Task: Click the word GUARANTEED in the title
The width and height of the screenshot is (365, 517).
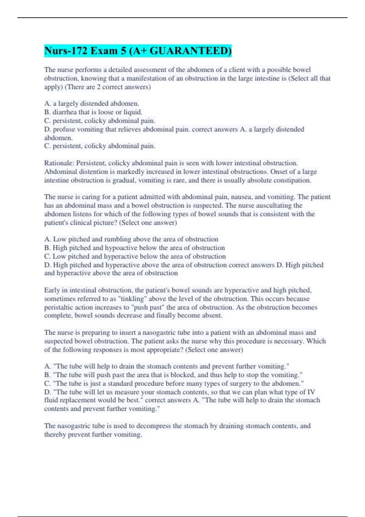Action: coord(190,51)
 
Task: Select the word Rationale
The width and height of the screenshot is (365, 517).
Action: coord(59,163)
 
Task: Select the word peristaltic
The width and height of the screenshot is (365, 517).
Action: coord(59,307)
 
